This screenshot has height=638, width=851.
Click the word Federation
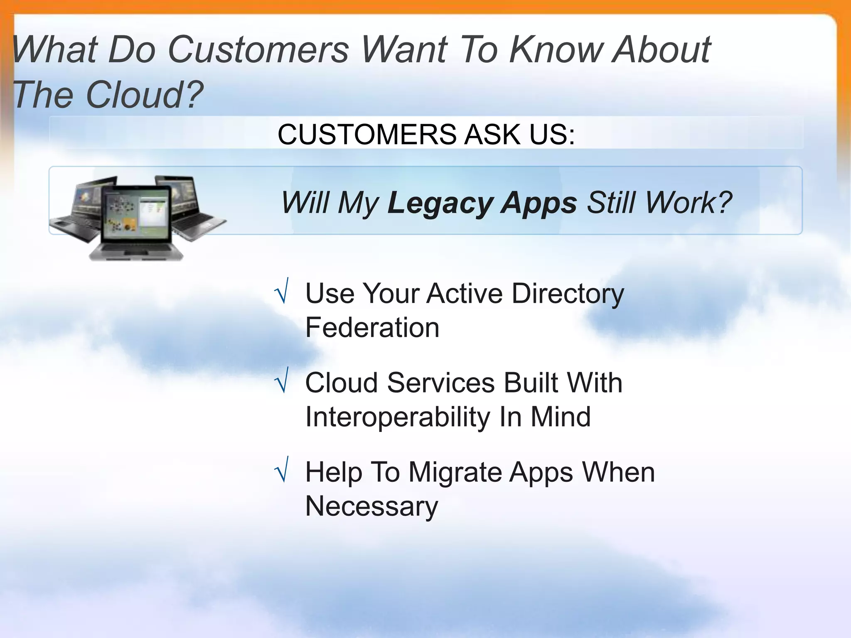click(372, 327)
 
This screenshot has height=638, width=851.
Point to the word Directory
click(568, 294)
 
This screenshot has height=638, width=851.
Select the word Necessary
click(371, 507)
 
